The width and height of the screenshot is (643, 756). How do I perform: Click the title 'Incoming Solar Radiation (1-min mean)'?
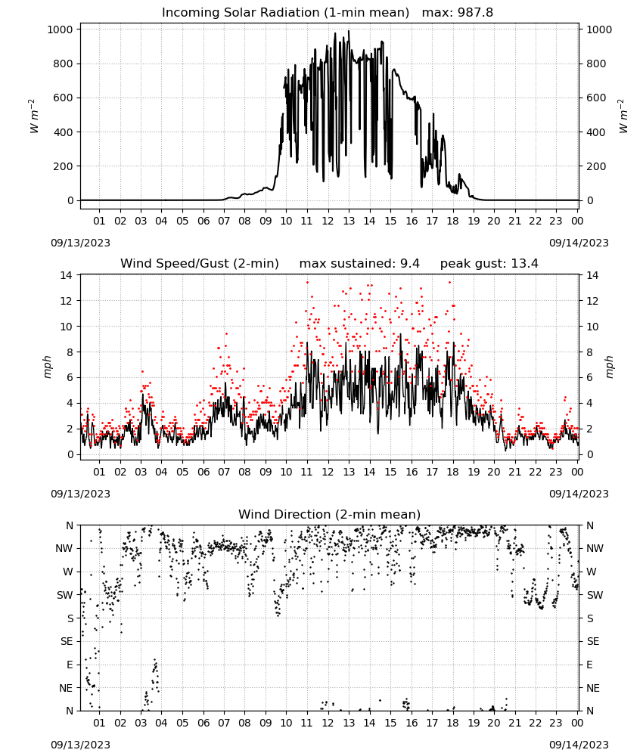[285, 13]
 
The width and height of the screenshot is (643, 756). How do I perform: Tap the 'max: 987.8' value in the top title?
[458, 13]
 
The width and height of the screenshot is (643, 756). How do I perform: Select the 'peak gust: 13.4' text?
[489, 264]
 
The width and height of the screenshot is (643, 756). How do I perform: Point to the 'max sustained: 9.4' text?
[359, 264]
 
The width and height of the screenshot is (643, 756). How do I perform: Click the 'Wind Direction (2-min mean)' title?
[330, 514]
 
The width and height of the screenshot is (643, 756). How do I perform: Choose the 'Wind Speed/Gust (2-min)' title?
[200, 264]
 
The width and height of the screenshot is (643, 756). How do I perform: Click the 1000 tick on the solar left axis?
[61, 29]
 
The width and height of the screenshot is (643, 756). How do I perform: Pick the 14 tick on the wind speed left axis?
[66, 275]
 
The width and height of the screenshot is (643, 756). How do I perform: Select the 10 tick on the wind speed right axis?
[592, 327]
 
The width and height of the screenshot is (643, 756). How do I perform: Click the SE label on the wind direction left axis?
[67, 641]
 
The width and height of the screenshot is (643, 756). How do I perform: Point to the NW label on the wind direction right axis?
[595, 548]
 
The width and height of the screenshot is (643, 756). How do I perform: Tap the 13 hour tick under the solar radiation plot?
[349, 221]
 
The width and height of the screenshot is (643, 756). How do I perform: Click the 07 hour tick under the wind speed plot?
[224, 472]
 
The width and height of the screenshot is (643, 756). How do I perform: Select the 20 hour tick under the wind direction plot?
[494, 723]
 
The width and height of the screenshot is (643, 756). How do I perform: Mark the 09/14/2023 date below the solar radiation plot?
[579, 243]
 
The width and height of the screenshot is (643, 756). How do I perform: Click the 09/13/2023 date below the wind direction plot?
[80, 745]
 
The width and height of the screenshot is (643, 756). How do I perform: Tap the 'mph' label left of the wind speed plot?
[47, 367]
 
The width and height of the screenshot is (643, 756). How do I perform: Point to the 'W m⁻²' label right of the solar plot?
[623, 116]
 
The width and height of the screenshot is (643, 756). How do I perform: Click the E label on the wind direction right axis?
[589, 665]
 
